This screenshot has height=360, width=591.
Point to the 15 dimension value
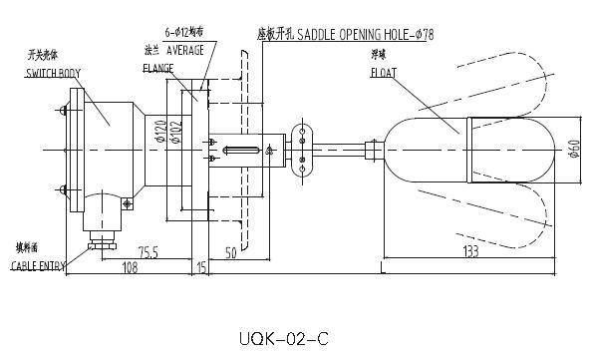[x=201, y=268]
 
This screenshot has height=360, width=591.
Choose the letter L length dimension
[x=384, y=268]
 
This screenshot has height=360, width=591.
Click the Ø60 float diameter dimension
[x=574, y=152]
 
